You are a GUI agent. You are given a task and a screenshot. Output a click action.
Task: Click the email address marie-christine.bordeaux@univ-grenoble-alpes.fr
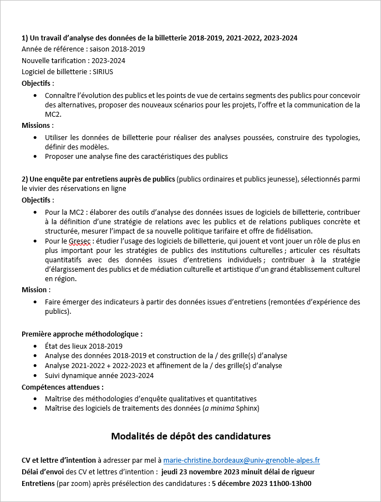241,460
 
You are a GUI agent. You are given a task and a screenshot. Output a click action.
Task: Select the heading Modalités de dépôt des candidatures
191,436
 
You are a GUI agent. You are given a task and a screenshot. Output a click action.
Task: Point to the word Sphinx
247,408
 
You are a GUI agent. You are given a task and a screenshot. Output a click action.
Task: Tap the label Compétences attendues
62,387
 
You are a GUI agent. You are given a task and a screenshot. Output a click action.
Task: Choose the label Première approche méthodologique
82,334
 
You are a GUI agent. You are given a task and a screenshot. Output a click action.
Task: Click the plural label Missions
37,125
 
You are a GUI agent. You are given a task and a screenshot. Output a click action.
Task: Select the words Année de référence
50,49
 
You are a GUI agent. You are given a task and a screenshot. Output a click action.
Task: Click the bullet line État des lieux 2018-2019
83,345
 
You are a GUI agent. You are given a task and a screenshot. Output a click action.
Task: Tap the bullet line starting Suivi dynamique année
99,375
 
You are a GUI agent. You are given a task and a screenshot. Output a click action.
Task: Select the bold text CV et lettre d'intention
58,460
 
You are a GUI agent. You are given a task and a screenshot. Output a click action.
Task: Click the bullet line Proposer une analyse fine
136,156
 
